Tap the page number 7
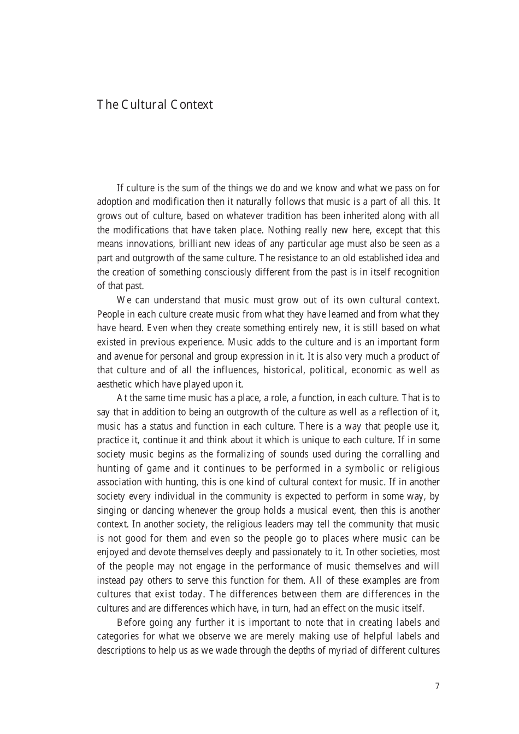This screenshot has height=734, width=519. click(437, 686)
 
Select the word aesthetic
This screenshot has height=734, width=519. click(115, 384)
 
